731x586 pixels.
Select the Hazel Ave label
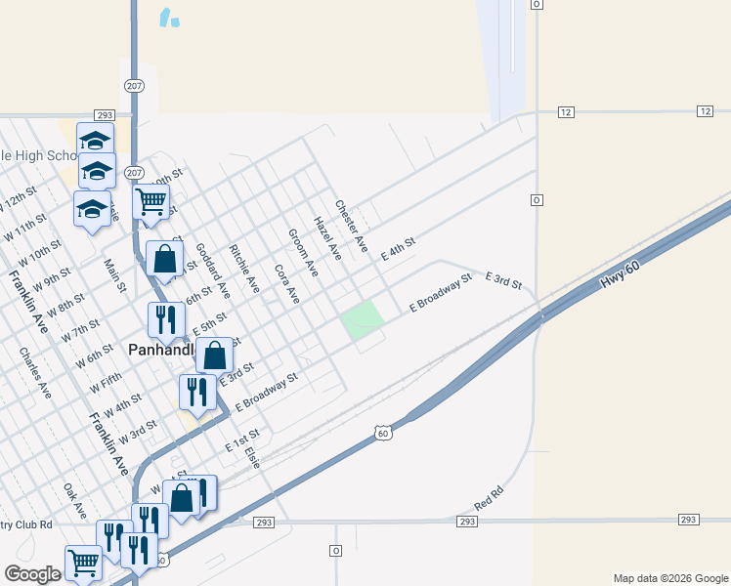click(x=327, y=238)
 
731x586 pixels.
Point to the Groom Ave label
click(x=303, y=252)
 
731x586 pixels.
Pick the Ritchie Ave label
click(x=244, y=269)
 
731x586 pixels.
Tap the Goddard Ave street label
click(x=212, y=271)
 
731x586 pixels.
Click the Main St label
click(x=116, y=274)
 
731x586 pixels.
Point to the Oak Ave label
click(x=75, y=501)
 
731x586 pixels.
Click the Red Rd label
click(x=488, y=500)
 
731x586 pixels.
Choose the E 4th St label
click(x=398, y=246)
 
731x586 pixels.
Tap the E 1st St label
click(x=242, y=439)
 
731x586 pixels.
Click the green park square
click(x=361, y=319)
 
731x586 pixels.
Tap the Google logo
click(x=32, y=574)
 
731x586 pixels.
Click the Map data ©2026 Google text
click(x=669, y=578)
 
